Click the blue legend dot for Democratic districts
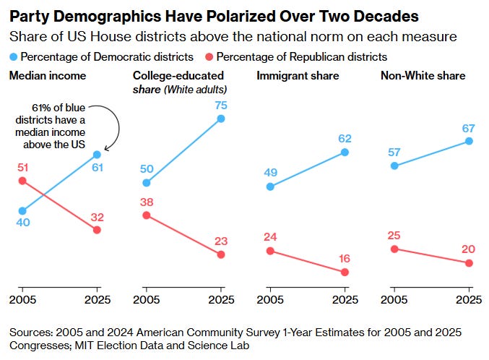tap(14, 56)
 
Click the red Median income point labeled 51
tap(22, 181)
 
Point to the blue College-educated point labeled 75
tap(221, 119)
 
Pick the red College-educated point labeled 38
tap(147, 215)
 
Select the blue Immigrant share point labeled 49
tap(270, 187)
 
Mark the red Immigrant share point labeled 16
tap(345, 272)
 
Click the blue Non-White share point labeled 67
tap(469, 141)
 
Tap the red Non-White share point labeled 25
tap(394, 249)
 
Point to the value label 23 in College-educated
tap(220, 242)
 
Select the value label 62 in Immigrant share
tap(344, 137)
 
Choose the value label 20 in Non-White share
tap(469, 249)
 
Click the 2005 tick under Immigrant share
tap(270, 299)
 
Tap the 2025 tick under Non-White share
tap(469, 299)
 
